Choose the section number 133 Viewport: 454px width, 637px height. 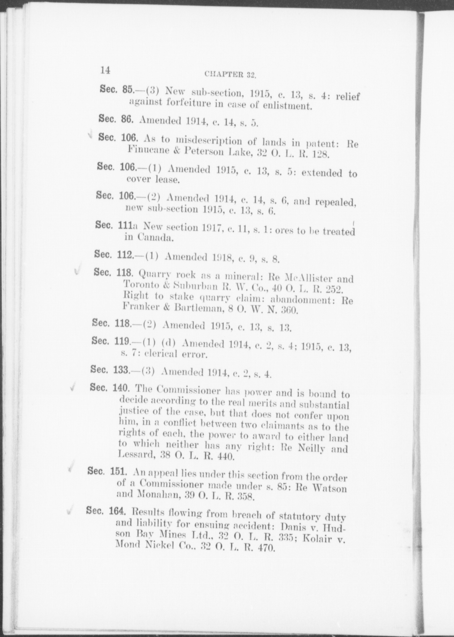coord(121,370)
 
